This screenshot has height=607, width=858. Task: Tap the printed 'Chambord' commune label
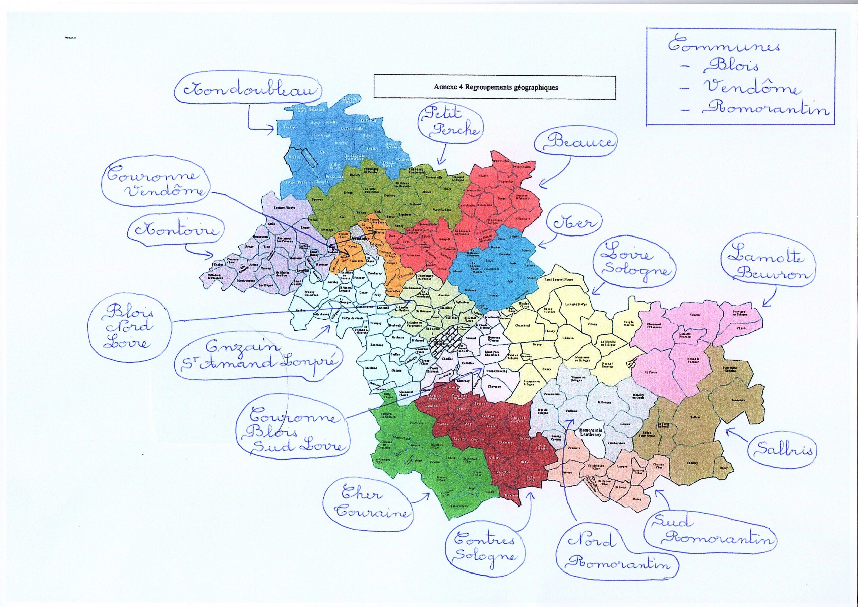point(522,326)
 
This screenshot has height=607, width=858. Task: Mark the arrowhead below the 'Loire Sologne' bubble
point(592,293)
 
